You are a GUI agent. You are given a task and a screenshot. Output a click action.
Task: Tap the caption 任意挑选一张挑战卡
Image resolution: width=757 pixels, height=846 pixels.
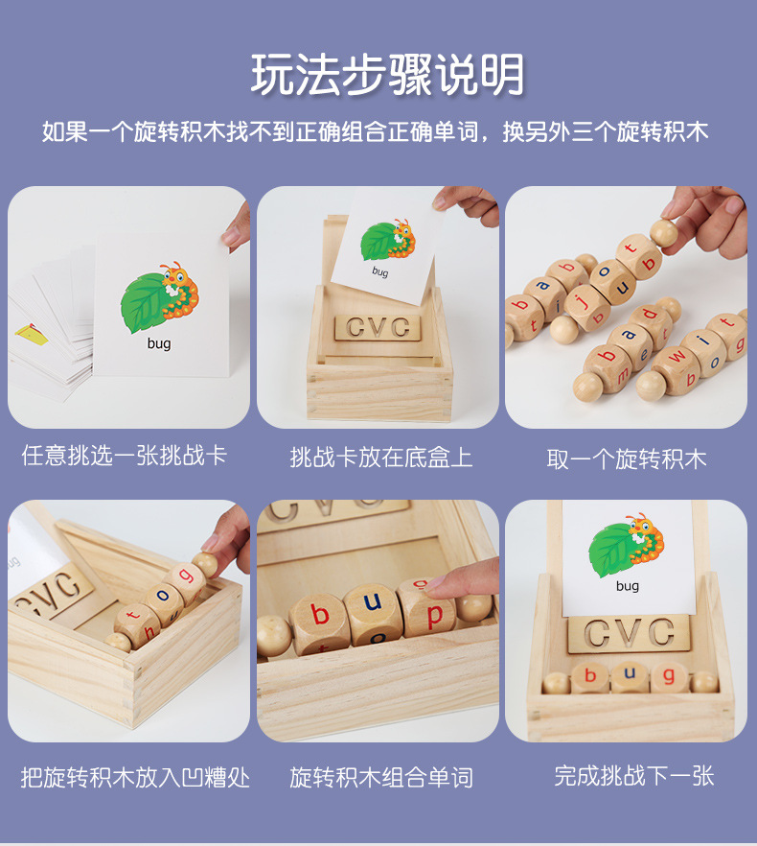tap(125, 455)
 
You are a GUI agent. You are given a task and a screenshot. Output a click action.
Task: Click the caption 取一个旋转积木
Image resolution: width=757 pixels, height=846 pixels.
tap(627, 458)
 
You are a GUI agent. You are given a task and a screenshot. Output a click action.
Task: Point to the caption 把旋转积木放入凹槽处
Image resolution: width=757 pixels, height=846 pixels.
tap(135, 776)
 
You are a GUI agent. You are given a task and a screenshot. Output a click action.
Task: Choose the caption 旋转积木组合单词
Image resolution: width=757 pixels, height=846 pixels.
tap(381, 776)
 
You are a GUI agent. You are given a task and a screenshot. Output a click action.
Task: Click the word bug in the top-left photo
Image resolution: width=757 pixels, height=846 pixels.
tap(159, 343)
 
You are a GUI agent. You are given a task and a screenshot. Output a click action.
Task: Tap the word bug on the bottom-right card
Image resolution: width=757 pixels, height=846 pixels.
tap(628, 586)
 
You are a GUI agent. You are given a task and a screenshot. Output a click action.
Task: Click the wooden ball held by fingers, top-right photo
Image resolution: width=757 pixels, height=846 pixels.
tap(662, 230)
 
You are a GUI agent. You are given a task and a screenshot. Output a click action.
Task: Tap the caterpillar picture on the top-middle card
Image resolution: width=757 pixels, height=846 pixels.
tap(388, 241)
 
